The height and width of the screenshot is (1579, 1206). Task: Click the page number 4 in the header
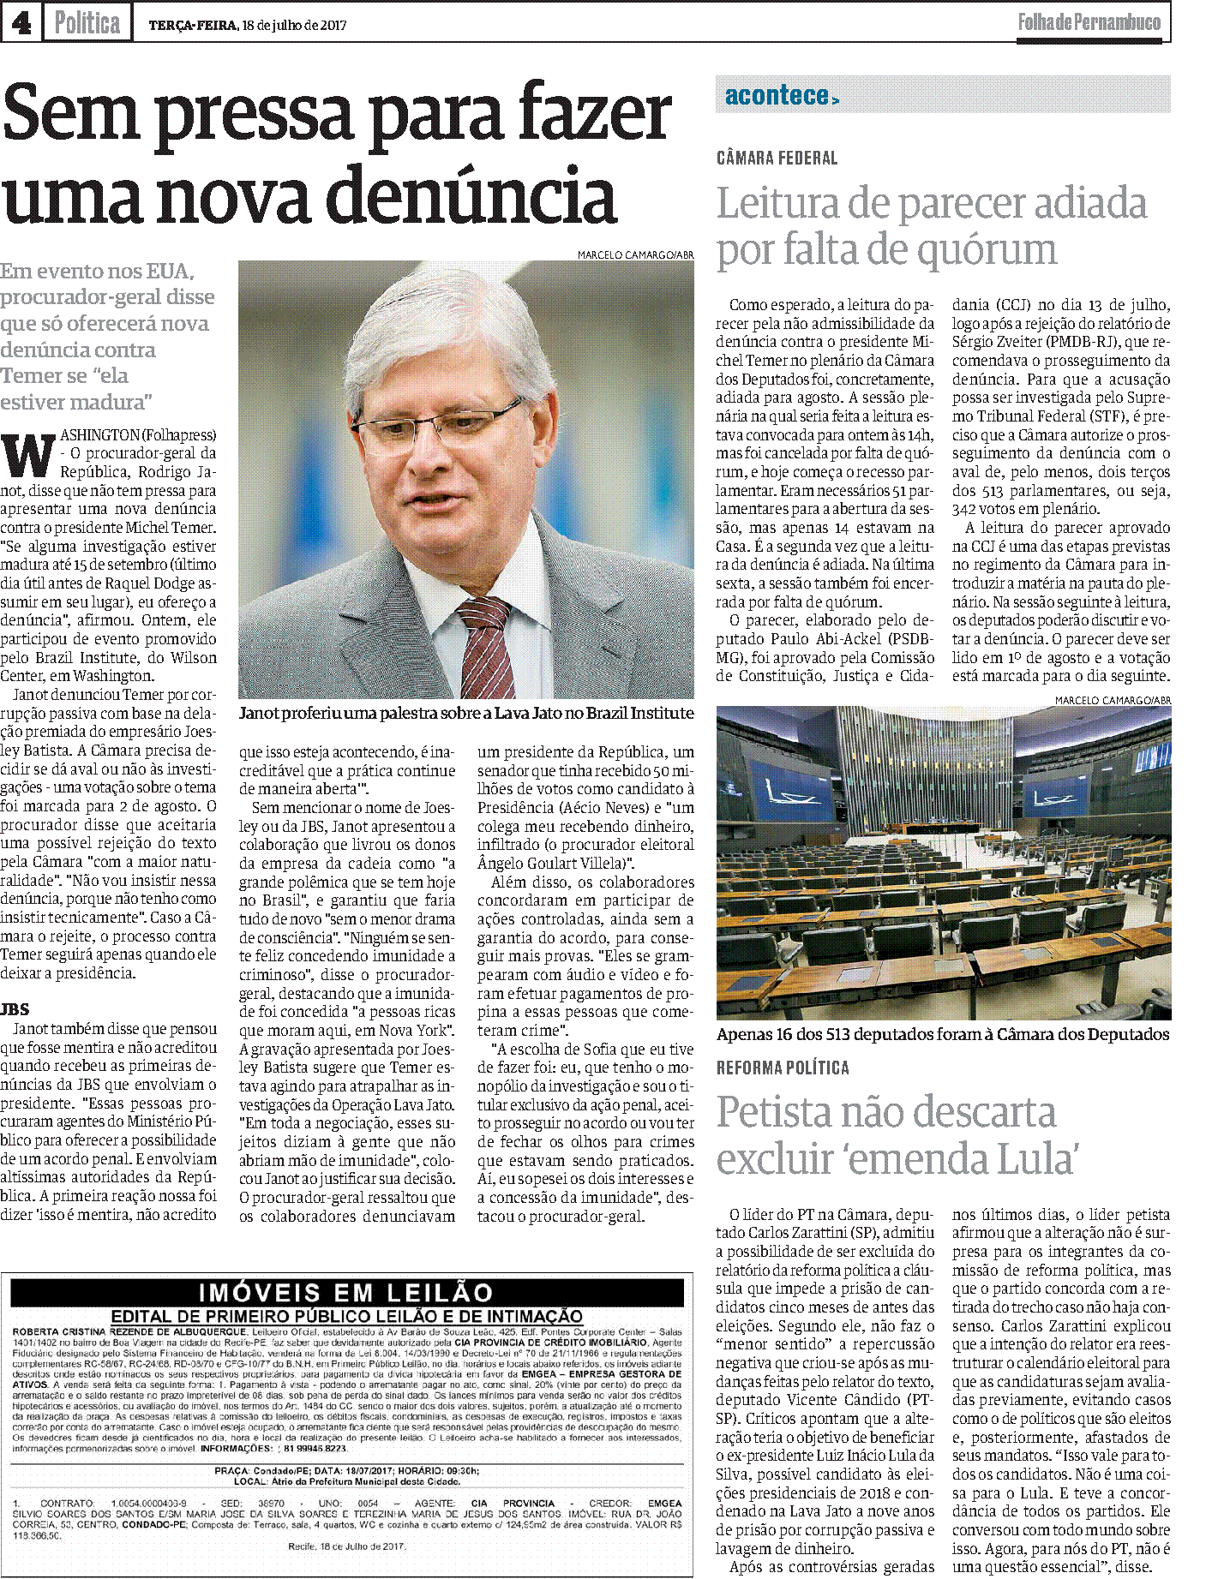tap(21, 23)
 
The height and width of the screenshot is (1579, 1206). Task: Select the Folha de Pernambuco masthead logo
tap(1089, 23)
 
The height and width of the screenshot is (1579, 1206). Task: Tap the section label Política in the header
tap(87, 23)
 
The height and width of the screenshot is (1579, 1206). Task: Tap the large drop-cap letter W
tap(27, 456)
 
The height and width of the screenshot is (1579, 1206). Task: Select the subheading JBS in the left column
tap(15, 1009)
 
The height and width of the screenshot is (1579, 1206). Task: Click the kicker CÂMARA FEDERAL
tap(777, 158)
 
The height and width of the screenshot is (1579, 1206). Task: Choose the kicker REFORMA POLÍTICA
tap(783, 1068)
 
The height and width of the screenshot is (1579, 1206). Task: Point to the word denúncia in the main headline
tap(472, 197)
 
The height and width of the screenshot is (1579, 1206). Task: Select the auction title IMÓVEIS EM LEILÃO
tap(346, 1292)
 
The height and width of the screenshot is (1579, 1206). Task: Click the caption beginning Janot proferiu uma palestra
tap(466, 713)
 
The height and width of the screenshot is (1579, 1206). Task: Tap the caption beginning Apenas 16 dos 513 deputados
tap(943, 1034)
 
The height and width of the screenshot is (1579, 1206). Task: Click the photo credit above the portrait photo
tap(635, 254)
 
